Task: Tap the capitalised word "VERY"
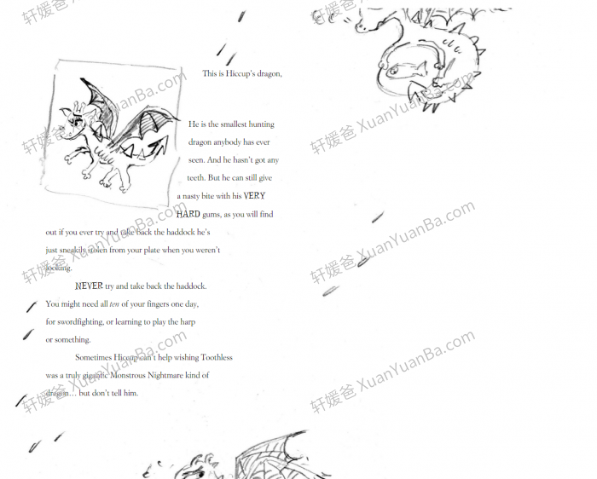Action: tap(254, 196)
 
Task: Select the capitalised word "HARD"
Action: tap(188, 215)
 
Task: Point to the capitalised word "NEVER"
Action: tap(89, 286)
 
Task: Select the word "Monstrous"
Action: tap(141, 376)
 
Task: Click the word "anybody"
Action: tap(225, 142)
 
